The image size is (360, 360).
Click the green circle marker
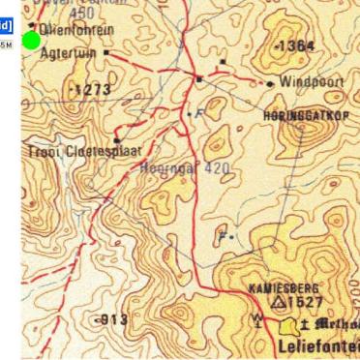(31, 40)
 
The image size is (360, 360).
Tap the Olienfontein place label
(73, 30)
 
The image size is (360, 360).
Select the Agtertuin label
(68, 53)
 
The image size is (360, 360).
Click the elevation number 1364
(295, 46)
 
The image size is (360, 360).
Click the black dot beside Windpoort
(270, 84)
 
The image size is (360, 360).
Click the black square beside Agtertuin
(105, 53)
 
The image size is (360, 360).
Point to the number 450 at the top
(82, 12)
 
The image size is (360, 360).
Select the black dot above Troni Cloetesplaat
(116, 140)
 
